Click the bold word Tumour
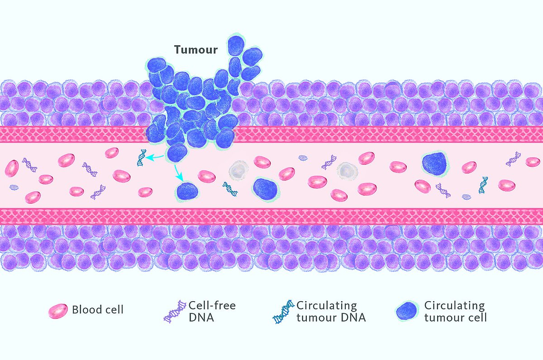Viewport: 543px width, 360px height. (x=196, y=50)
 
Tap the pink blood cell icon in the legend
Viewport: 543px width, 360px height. (x=58, y=311)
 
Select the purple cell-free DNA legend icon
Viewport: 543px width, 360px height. (x=175, y=312)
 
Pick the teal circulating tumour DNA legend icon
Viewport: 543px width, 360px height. (x=283, y=312)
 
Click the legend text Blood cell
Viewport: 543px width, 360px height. (x=98, y=310)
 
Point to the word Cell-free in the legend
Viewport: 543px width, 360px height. (x=212, y=306)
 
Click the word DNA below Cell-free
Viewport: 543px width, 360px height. (x=201, y=317)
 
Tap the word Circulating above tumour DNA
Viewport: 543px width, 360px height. (x=327, y=306)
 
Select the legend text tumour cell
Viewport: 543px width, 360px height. (x=456, y=317)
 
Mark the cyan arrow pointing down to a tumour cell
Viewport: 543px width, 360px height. (x=178, y=173)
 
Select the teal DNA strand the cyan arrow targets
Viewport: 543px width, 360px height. (x=142, y=158)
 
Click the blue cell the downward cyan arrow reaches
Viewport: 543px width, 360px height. (x=187, y=192)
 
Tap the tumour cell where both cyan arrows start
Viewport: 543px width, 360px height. (x=177, y=153)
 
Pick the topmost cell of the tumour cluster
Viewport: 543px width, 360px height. (x=236, y=45)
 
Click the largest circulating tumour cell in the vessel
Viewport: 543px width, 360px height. (x=435, y=164)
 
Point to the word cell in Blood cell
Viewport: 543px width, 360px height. (x=114, y=310)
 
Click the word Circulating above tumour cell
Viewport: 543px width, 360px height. (x=454, y=306)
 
